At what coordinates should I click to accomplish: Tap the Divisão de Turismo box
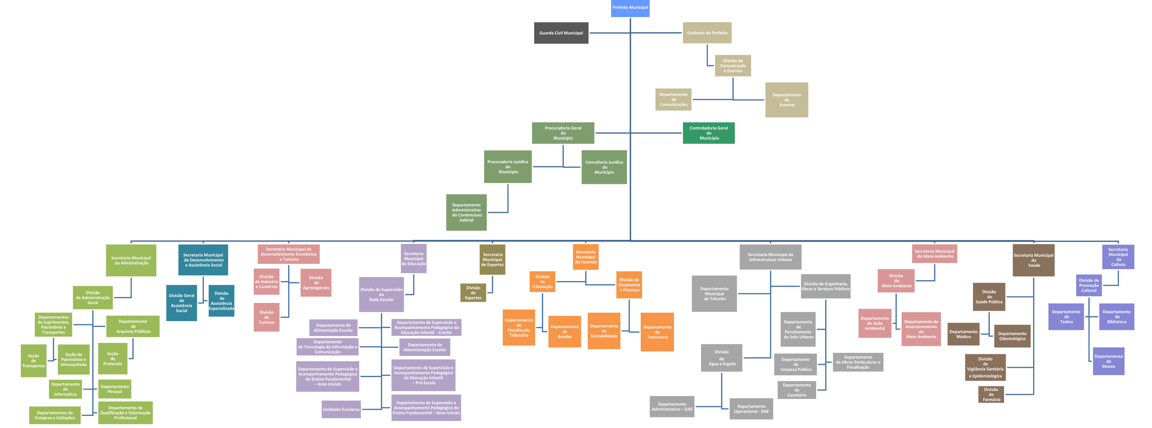(x=267, y=317)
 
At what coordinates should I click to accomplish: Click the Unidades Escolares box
(x=341, y=409)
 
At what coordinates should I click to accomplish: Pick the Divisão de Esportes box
(x=473, y=293)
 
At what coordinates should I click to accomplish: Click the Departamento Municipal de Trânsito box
(x=714, y=293)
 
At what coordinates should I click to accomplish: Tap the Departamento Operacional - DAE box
(x=751, y=409)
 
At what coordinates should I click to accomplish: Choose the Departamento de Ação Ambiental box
(x=875, y=323)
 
